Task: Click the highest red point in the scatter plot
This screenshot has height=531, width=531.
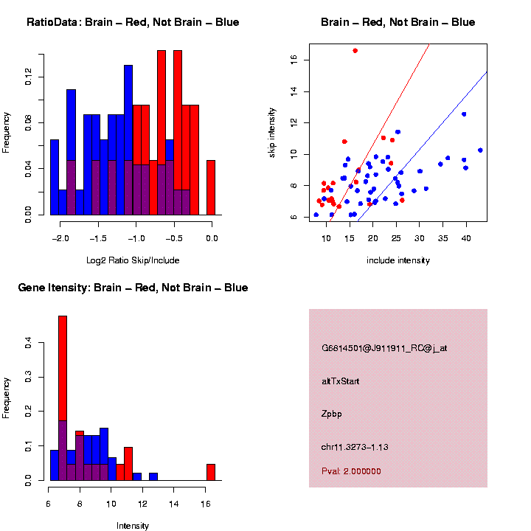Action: click(x=355, y=51)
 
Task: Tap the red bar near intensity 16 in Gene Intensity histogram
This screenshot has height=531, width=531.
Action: click(x=211, y=472)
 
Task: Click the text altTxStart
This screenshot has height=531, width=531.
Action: click(x=340, y=381)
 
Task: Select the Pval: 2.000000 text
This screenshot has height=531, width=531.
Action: click(x=351, y=471)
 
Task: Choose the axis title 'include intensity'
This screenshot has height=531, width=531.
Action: click(x=398, y=260)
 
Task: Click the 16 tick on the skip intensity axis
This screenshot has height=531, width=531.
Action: click(x=294, y=60)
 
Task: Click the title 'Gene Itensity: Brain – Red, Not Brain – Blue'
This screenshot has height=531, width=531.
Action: click(x=133, y=288)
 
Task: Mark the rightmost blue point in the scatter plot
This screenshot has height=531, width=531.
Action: click(x=480, y=150)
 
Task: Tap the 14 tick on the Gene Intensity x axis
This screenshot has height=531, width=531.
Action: click(x=174, y=504)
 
